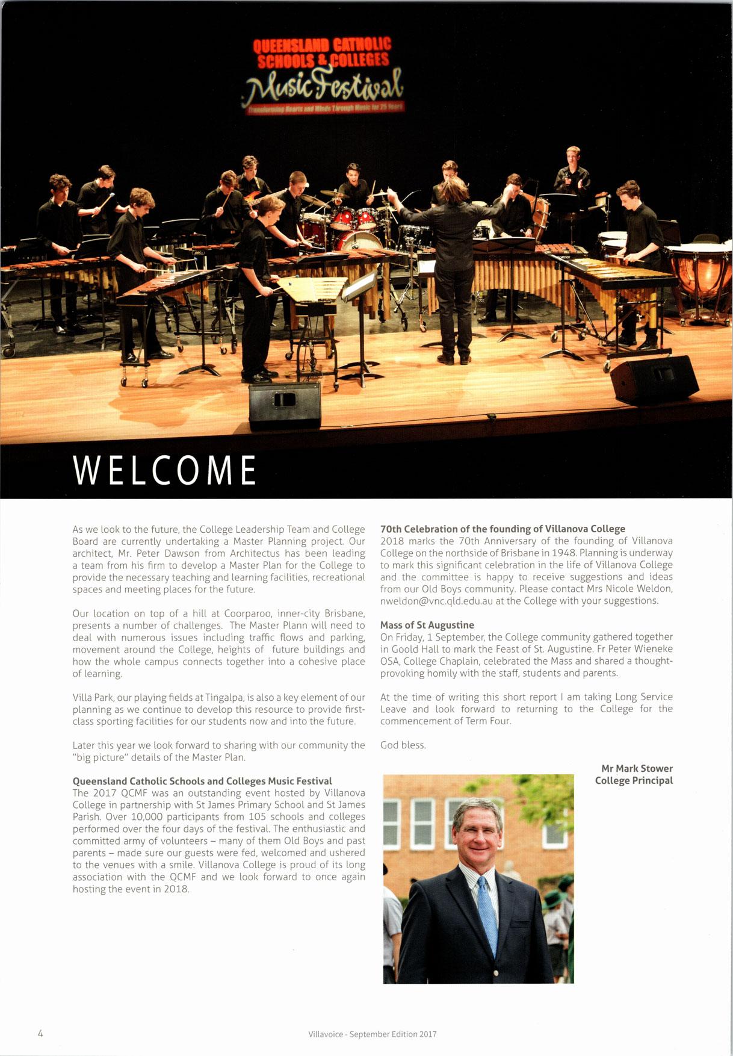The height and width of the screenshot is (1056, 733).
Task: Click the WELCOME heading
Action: [x=164, y=470]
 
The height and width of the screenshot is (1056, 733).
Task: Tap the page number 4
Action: [x=40, y=1034]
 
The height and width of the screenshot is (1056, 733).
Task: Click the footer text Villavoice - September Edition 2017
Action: [x=373, y=1034]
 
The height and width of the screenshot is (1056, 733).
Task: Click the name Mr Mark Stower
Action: [x=637, y=769]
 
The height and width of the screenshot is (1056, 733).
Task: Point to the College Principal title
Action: [x=634, y=781]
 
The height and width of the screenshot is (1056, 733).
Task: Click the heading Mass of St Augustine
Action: [x=427, y=626]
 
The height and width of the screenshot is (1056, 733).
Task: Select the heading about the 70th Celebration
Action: [x=503, y=529]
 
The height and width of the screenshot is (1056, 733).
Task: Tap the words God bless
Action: [x=403, y=745]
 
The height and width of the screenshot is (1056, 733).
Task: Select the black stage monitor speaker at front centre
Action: [x=284, y=405]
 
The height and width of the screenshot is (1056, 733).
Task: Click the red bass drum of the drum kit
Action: [x=356, y=241]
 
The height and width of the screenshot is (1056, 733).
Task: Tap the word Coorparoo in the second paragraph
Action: [x=248, y=613]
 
